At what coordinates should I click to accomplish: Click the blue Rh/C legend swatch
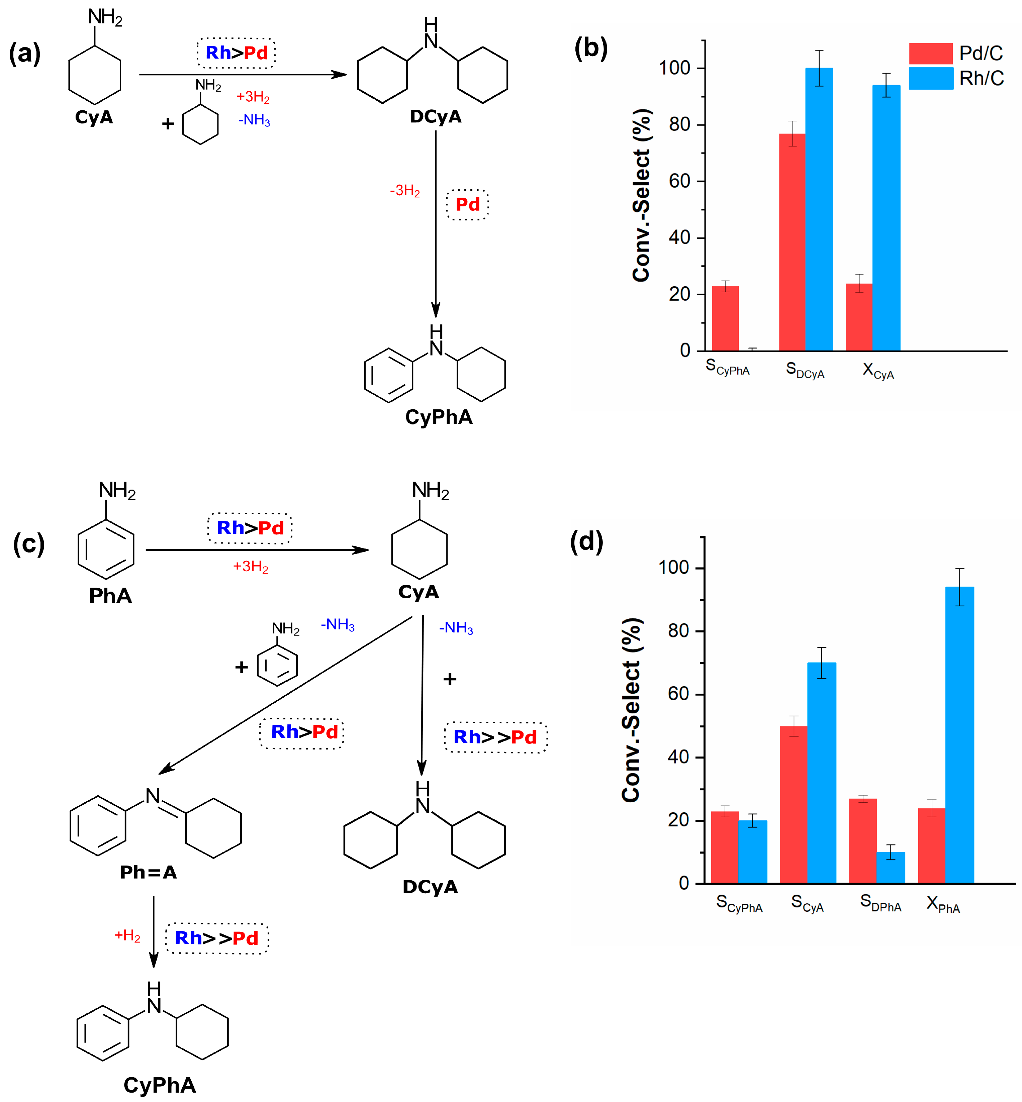point(931,78)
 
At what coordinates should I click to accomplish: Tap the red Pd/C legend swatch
point(931,53)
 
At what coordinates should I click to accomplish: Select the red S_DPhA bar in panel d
point(863,840)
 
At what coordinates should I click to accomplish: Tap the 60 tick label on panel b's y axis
point(679,181)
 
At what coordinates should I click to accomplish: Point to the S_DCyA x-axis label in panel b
point(805,369)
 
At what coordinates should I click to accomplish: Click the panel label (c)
point(29,543)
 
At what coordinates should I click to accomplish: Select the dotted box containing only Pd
point(467,205)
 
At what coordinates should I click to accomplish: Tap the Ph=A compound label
point(148,872)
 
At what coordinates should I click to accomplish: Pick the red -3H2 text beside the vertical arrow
point(405,191)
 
